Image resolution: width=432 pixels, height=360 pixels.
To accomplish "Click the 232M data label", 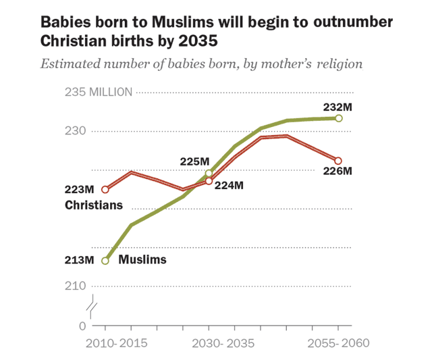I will click(x=339, y=107).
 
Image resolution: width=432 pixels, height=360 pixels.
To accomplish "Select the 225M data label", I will click(x=194, y=161).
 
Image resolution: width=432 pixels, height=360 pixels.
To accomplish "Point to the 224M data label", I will click(x=229, y=185).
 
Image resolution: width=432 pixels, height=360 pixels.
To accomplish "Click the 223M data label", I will click(x=79, y=190).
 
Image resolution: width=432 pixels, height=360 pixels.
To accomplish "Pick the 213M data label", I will click(x=79, y=260).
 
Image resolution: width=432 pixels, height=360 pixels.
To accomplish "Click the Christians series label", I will click(x=94, y=205).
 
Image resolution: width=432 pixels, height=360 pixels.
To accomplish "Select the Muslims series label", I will click(x=142, y=259).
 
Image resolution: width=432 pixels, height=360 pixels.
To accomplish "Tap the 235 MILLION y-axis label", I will click(x=99, y=92).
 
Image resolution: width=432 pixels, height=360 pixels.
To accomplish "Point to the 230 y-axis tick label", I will click(x=77, y=131).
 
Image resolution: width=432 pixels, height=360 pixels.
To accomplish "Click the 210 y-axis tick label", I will click(x=77, y=286).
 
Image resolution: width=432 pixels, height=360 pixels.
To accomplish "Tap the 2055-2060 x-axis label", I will click(x=339, y=344).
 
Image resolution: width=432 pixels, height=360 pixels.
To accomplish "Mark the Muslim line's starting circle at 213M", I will click(x=105, y=261).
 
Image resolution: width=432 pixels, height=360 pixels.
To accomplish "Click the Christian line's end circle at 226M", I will click(x=339, y=161).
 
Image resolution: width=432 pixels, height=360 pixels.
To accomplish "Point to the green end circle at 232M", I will click(x=339, y=118).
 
